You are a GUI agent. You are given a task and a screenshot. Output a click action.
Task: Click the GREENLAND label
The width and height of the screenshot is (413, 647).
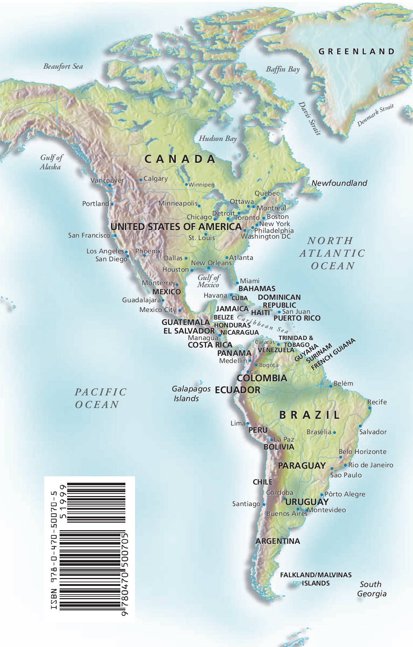[x=357, y=51]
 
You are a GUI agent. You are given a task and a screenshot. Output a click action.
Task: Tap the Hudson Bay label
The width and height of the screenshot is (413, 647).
[x=218, y=138]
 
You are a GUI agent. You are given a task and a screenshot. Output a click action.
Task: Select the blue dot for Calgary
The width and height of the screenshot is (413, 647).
[x=140, y=180]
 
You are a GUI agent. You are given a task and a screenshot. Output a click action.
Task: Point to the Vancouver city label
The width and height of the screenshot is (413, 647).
[x=107, y=180]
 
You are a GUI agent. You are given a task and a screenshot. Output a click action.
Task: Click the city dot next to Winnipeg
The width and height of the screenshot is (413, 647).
[x=186, y=184]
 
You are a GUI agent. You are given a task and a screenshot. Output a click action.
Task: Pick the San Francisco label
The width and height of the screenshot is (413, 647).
[x=89, y=235]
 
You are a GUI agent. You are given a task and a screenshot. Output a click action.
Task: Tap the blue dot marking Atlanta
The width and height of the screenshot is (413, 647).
[x=227, y=257]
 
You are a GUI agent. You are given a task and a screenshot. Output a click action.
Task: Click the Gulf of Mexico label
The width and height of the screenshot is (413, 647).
[x=208, y=281]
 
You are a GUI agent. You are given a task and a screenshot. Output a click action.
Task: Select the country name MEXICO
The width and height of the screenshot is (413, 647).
[x=166, y=292]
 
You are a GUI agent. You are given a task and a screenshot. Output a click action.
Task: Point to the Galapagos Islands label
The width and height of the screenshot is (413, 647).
[x=190, y=394]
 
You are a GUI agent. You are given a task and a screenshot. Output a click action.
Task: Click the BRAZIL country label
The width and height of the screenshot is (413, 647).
[x=310, y=415]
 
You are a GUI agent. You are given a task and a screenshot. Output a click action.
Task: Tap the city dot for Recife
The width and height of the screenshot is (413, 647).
[x=370, y=408]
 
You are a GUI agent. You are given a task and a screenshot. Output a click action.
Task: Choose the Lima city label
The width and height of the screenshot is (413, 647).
[x=238, y=423]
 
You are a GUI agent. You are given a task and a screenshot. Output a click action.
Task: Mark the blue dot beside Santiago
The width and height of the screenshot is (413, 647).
[x=264, y=504]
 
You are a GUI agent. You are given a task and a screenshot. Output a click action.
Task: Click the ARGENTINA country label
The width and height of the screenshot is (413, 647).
[x=278, y=541]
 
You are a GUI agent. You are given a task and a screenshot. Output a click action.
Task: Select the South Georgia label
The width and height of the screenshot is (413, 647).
[x=371, y=589]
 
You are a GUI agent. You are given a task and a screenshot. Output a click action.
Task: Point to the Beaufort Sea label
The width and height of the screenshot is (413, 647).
[x=63, y=66]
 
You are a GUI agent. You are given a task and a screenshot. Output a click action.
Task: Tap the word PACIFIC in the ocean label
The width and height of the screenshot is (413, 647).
[x=101, y=392]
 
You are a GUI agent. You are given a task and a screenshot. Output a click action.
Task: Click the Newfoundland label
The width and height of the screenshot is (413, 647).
[x=339, y=183]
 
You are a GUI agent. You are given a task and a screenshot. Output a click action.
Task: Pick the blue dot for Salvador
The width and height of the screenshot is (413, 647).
[x=360, y=426]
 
